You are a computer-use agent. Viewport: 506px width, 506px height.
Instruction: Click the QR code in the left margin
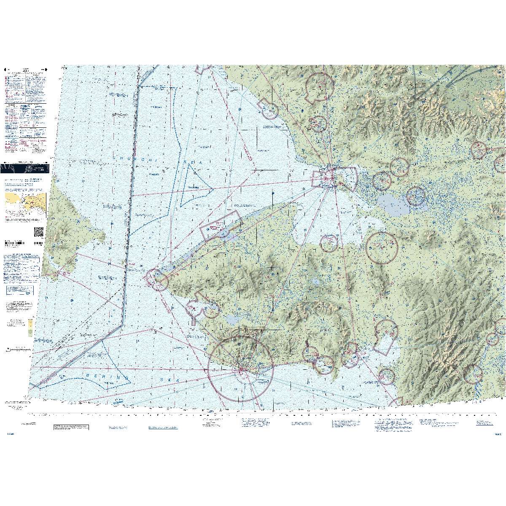tap(38, 232)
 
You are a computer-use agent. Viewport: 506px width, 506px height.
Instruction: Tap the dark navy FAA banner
tap(24, 168)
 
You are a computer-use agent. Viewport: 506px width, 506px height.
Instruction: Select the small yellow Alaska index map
tap(25, 202)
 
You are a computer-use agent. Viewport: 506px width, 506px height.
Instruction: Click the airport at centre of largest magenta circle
tap(242, 369)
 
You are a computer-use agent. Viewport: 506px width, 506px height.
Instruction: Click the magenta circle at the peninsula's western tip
tap(156, 280)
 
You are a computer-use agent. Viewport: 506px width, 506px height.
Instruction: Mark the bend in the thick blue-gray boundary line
tap(122, 325)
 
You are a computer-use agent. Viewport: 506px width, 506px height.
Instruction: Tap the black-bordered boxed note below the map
tap(71, 427)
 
